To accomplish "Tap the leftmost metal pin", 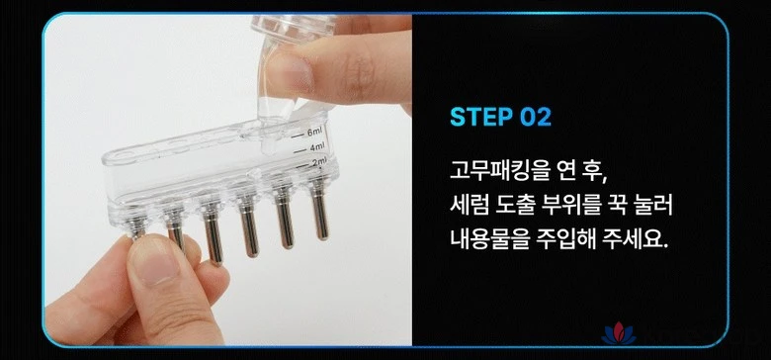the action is click(136, 227).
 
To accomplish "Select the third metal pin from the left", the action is click(213, 233).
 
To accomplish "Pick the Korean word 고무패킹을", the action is click(501, 173).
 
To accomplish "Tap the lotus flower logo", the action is click(619, 334).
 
